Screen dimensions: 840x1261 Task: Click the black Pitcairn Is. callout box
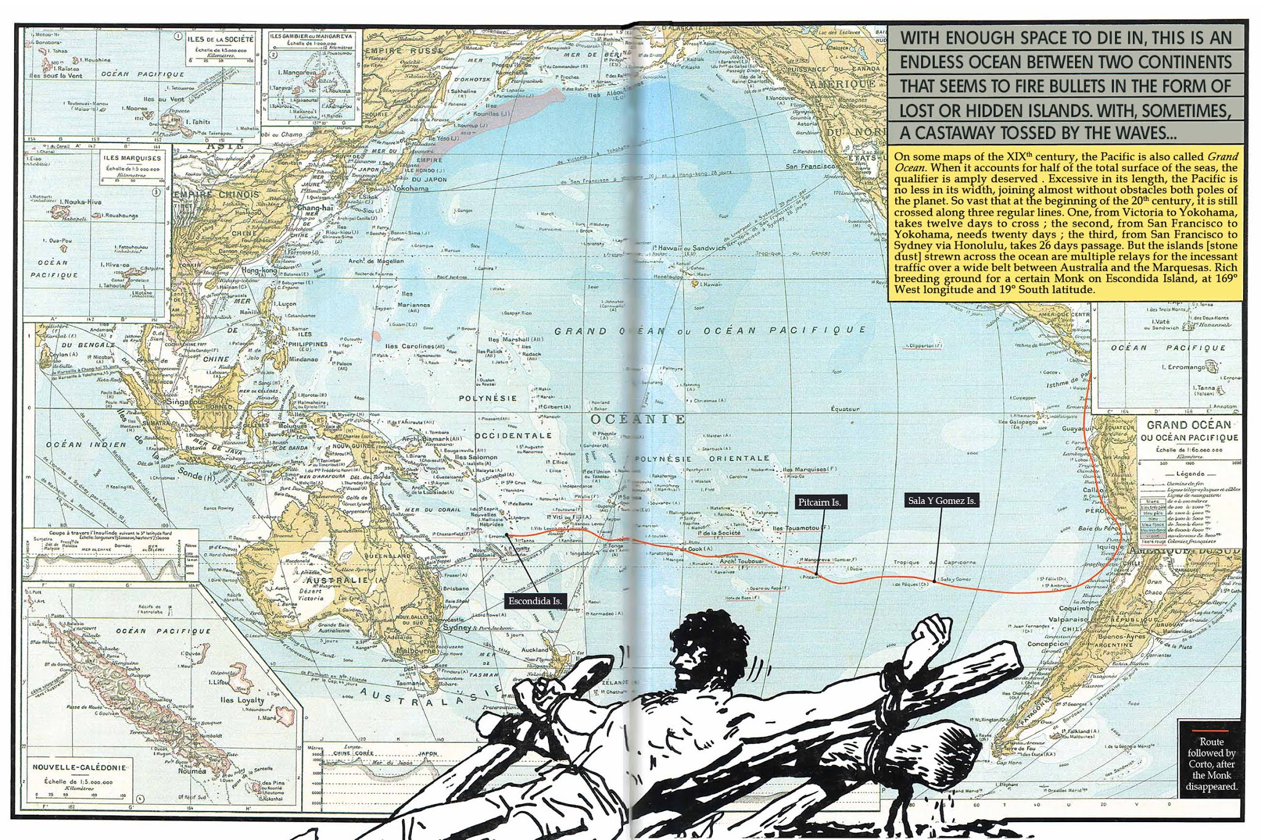click(819, 502)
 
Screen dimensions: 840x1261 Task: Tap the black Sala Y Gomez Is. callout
click(942, 500)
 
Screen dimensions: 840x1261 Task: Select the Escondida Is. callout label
click(534, 601)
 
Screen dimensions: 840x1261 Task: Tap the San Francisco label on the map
click(810, 166)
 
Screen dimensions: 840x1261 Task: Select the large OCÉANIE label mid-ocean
click(637, 419)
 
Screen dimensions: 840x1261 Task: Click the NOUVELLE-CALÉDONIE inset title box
click(80, 767)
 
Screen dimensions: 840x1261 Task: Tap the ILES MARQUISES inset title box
click(132, 158)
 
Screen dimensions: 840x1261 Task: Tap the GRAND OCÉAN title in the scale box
click(1188, 425)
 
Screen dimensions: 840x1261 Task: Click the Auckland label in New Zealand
click(534, 650)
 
